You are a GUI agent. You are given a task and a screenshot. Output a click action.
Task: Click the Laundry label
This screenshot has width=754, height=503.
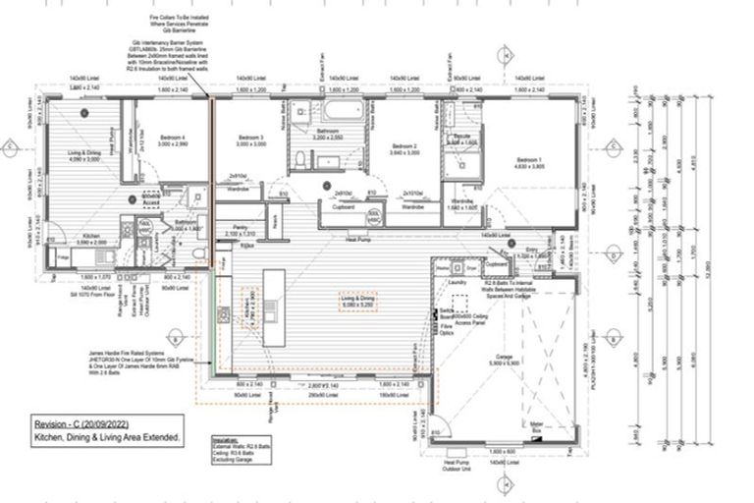458,283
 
